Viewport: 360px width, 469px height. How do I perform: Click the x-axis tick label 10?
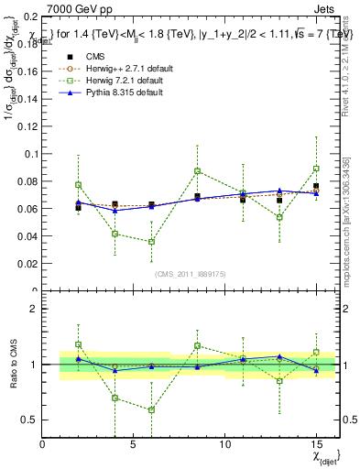point(225,444)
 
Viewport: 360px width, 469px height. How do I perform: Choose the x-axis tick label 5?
point(135,444)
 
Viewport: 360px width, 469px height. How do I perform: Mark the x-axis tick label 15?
point(316,444)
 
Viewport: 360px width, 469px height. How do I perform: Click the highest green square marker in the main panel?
point(316,169)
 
